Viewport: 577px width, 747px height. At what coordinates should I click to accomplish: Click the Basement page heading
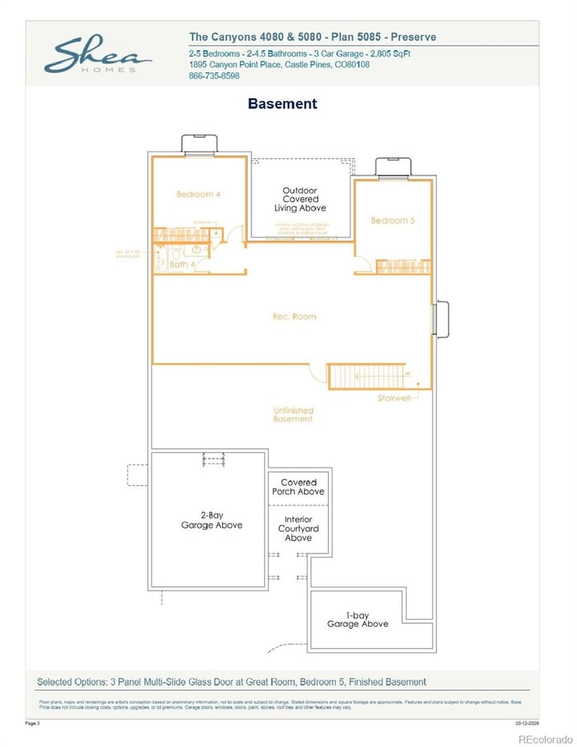(282, 104)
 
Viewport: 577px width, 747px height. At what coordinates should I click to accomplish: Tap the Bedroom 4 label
(198, 194)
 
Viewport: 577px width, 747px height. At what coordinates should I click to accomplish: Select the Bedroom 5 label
(393, 220)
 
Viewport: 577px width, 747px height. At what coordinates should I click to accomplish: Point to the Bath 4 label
(182, 264)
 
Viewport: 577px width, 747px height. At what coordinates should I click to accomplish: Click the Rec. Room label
(294, 316)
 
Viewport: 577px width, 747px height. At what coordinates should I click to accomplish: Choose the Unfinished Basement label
(294, 415)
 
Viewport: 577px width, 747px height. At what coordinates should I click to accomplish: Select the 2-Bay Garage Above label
(211, 520)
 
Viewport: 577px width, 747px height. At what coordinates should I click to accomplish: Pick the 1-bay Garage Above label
(358, 620)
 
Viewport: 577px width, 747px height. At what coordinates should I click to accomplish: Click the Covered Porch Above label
(298, 487)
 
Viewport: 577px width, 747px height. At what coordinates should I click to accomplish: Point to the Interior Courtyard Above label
(298, 528)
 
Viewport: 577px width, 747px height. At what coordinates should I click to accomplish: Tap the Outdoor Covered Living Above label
(300, 199)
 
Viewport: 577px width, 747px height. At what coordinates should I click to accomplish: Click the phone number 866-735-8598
(214, 76)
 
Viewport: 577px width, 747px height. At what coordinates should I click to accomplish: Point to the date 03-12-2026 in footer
(527, 721)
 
